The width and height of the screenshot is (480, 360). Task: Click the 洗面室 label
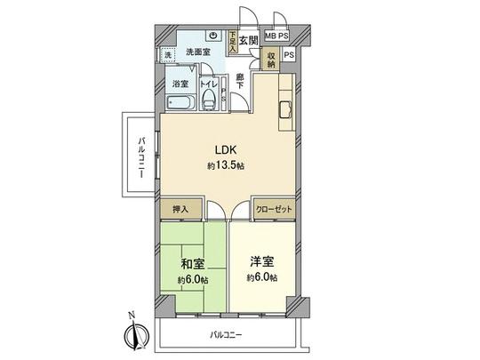[197, 52]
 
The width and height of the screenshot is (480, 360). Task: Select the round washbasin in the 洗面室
[213, 36]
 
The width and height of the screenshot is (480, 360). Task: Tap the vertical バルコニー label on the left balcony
[142, 159]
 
